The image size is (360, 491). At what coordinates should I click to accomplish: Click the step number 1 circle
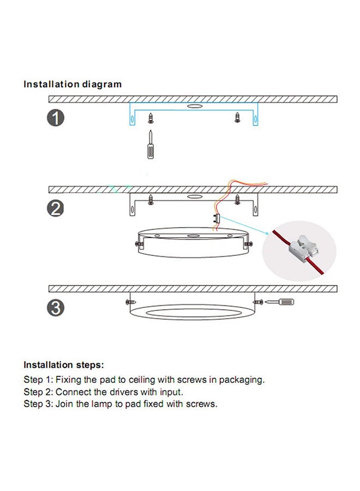point(56,118)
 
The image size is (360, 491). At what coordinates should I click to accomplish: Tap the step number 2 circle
point(56,208)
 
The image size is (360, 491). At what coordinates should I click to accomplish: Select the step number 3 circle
point(56,308)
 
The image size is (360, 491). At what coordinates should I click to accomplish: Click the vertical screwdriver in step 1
point(151,145)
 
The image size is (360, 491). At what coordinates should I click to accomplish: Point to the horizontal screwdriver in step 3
point(279,302)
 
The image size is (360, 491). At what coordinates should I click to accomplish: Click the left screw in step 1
point(151,118)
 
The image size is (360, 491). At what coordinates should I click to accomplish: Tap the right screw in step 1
point(237,118)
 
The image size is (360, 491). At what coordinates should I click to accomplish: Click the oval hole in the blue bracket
point(194,106)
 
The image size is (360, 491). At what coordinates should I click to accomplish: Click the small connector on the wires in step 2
point(217,219)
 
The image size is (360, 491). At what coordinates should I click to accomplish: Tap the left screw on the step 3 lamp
point(130,302)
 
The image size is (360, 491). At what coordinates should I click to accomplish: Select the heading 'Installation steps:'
point(64,365)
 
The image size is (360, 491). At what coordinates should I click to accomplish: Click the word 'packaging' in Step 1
point(241,380)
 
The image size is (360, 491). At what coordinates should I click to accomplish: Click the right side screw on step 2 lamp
point(249,244)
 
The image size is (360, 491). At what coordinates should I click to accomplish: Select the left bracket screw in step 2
point(151,200)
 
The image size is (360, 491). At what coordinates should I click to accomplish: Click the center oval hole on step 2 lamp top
point(194,235)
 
